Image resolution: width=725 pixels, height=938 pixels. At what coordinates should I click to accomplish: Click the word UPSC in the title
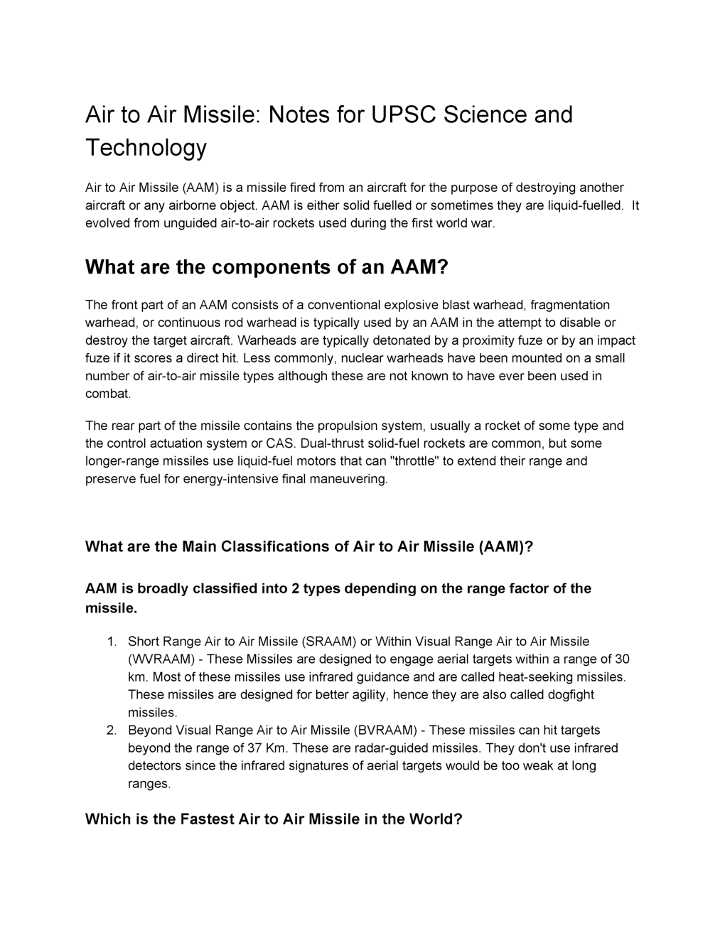pyautogui.click(x=403, y=114)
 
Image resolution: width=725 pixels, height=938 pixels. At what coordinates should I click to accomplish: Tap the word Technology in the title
pyautogui.click(x=146, y=147)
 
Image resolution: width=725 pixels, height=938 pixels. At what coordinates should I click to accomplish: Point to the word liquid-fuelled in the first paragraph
pyautogui.click(x=585, y=205)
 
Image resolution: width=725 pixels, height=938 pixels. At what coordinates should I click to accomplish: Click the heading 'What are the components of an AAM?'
pyautogui.click(x=267, y=267)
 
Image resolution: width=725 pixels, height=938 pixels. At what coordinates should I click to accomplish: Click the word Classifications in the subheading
pyautogui.click(x=275, y=546)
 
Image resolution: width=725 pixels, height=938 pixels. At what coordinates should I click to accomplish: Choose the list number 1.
pyautogui.click(x=111, y=642)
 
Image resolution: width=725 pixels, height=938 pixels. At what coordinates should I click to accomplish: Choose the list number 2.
pyautogui.click(x=111, y=731)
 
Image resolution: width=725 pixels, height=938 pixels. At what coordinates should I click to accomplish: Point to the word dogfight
pyautogui.click(x=569, y=695)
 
